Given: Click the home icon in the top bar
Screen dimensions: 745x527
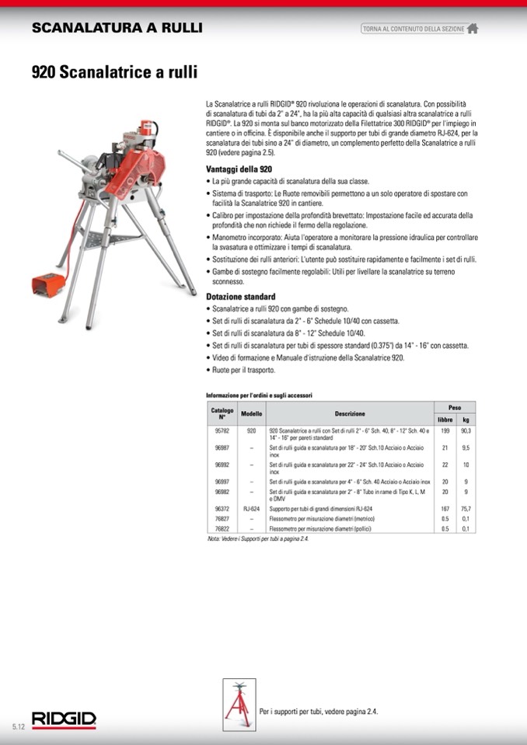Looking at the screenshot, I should click(472, 29).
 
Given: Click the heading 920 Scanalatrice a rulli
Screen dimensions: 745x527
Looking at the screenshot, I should click(114, 73).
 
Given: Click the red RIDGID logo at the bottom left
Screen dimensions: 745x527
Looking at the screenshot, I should click(64, 719).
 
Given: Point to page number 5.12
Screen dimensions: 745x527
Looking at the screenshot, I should click(19, 726).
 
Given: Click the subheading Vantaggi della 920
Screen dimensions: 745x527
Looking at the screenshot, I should click(239, 169).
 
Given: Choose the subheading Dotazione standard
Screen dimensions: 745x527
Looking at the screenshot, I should click(240, 297).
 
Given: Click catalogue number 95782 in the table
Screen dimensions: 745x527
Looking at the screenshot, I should click(222, 430).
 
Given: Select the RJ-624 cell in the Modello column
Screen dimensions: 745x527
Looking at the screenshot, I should click(251, 509).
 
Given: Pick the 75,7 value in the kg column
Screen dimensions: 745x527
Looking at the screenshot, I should click(466, 509).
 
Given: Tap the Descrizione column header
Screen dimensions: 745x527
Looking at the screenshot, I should click(350, 413).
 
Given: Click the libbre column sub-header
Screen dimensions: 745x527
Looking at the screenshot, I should click(445, 419).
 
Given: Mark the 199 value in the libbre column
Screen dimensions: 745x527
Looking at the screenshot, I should click(445, 430).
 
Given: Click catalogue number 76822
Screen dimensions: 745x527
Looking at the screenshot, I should click(222, 528).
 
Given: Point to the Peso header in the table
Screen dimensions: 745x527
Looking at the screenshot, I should click(455, 407).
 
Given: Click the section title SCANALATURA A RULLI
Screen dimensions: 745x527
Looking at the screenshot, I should click(117, 28).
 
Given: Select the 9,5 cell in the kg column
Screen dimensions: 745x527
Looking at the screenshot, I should click(466, 448).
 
